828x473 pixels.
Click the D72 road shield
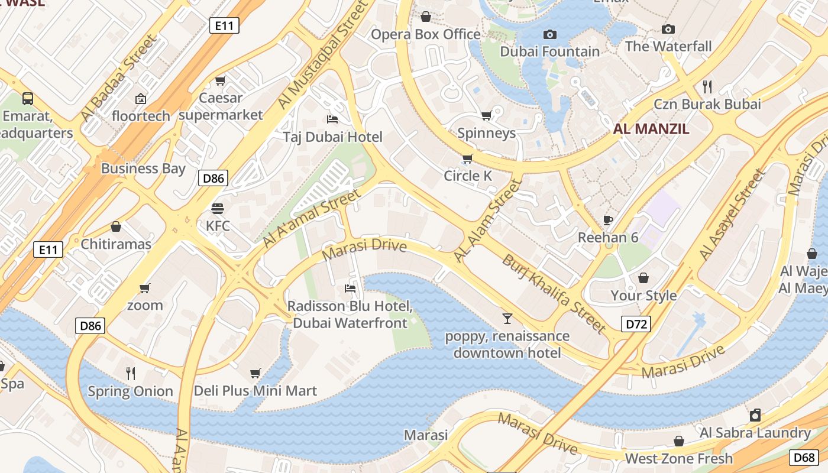click(x=636, y=323)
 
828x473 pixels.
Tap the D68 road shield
click(x=804, y=457)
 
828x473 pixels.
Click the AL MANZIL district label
click(x=651, y=129)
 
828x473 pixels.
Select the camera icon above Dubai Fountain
click(x=550, y=34)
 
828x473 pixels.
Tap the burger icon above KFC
click(x=218, y=208)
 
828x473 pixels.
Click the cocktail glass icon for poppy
click(x=507, y=319)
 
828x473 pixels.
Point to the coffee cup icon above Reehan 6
click(x=608, y=221)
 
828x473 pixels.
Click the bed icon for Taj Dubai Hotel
click(x=332, y=119)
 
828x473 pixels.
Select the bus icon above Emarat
click(x=28, y=98)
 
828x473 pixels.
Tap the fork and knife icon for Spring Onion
click(x=131, y=373)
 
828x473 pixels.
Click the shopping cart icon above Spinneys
click(x=487, y=115)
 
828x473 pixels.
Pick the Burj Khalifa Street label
click(x=554, y=294)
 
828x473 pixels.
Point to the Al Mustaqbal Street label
click(x=322, y=54)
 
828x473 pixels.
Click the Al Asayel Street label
click(x=732, y=215)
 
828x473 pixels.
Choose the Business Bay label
click(x=143, y=169)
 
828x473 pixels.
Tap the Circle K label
click(x=468, y=176)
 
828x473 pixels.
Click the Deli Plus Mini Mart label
click(x=255, y=391)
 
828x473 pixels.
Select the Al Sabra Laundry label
click(x=755, y=432)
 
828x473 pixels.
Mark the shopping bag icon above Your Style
click(x=643, y=278)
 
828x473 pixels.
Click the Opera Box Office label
click(x=425, y=34)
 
